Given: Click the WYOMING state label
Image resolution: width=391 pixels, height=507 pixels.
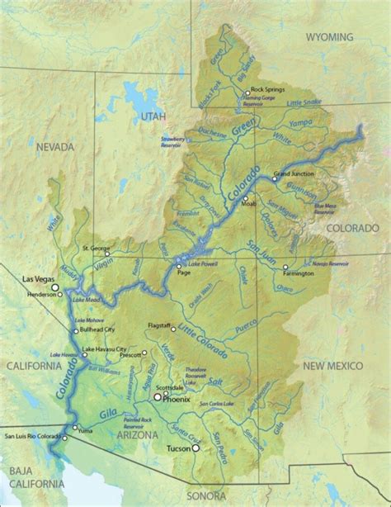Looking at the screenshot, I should (x=329, y=37).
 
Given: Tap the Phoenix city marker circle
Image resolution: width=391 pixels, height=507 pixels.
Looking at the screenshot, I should (x=157, y=397).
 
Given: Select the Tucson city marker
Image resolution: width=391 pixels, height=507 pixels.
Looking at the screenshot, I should (x=196, y=448).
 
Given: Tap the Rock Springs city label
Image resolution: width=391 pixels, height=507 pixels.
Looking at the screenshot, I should (x=267, y=89).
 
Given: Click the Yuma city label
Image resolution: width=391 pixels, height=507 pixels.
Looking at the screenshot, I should (x=90, y=429).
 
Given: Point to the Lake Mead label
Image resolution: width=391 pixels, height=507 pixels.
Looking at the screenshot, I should (x=87, y=300).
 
